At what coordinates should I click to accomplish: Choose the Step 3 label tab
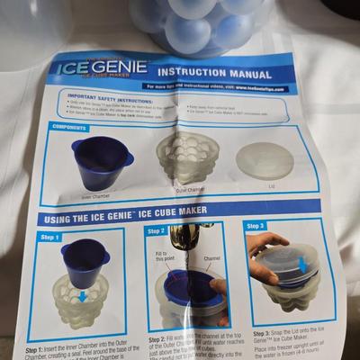coord(256,226)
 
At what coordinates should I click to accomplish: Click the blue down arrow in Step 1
coord(82,294)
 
